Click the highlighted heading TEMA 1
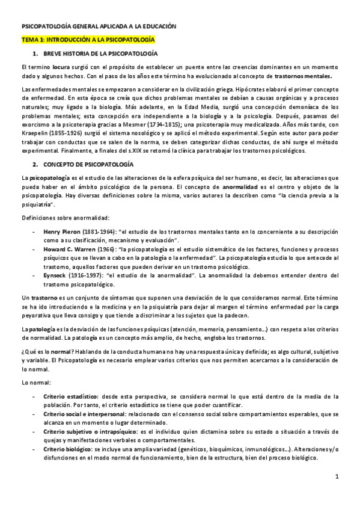(x=88, y=40)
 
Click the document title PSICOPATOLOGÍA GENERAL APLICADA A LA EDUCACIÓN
(x=99, y=27)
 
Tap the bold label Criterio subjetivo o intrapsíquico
(x=88, y=432)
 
